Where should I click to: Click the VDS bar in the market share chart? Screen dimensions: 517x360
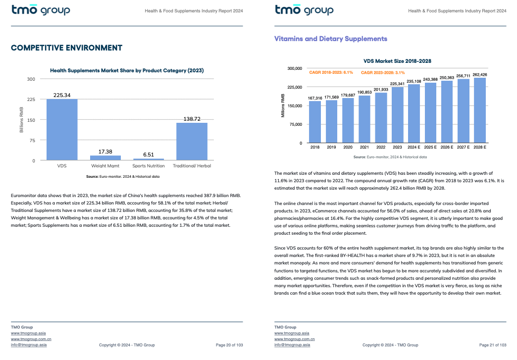click(62, 130)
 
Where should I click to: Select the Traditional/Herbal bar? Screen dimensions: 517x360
click(192, 142)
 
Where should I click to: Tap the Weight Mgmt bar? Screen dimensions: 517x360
click(105, 158)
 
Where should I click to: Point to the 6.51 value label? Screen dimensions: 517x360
click(149, 154)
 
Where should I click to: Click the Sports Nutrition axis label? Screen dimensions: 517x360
click(149, 166)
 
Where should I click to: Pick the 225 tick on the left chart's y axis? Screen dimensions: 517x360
click(31, 100)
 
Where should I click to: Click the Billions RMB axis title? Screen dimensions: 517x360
click(21, 120)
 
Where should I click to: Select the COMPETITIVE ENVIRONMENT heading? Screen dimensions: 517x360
click(66, 48)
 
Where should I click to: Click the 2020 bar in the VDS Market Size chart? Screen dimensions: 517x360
click(348, 120)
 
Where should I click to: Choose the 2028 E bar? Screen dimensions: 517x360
click(480, 110)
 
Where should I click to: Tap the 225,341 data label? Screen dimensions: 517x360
click(397, 84)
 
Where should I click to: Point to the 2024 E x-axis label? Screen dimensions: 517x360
click(414, 147)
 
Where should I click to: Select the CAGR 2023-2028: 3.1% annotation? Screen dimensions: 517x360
click(383, 72)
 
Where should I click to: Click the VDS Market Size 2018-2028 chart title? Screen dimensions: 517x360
click(397, 61)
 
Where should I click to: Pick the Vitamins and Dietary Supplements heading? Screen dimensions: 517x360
click(331, 39)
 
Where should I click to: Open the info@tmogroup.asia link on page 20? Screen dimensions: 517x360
click(29, 345)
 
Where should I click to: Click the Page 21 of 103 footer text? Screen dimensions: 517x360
click(493, 345)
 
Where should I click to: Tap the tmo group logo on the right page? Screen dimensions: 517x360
click(304, 10)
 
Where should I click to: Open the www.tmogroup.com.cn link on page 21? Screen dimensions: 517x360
click(295, 339)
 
